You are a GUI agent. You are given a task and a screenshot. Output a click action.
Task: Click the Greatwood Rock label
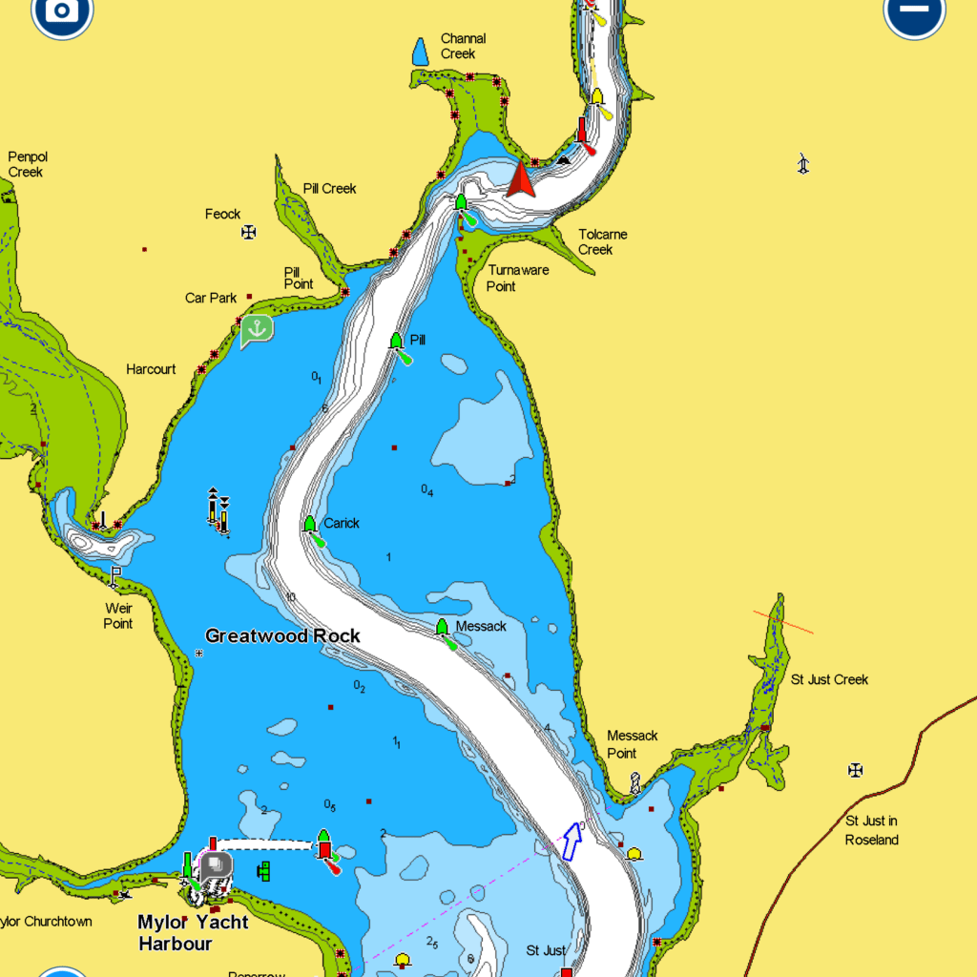[x=282, y=635]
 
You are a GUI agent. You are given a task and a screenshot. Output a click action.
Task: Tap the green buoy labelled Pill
[x=397, y=341]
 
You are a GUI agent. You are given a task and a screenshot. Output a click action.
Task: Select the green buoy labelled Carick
[x=309, y=524]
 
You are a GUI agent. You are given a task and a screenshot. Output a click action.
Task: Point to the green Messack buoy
[x=442, y=627]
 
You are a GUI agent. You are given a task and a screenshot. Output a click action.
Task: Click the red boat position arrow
[x=521, y=180]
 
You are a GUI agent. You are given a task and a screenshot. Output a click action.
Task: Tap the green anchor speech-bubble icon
[x=256, y=330]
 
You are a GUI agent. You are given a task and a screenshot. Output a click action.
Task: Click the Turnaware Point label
[x=518, y=278]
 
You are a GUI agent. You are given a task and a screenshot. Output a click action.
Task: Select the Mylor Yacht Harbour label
[x=193, y=932]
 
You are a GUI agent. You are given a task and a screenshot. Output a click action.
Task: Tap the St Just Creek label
[x=829, y=679]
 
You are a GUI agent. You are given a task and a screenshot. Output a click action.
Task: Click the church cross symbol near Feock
[x=249, y=231]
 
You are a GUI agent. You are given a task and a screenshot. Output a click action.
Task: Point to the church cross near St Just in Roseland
[x=856, y=769]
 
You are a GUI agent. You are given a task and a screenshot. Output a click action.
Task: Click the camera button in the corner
[x=62, y=11]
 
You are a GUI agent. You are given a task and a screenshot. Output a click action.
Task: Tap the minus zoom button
[x=914, y=11]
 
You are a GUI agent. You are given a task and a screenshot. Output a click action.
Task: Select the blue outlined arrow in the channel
[x=572, y=841]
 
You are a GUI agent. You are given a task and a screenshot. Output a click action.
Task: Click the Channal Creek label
[x=463, y=46]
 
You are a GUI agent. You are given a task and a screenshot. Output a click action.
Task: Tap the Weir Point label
[x=118, y=615]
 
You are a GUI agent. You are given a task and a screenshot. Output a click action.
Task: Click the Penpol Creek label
[x=27, y=164]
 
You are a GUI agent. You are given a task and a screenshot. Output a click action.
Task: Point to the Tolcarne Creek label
[x=602, y=241]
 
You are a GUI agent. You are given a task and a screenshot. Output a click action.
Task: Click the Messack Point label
[x=632, y=744]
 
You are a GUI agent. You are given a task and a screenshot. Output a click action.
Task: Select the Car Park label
[x=211, y=298]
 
